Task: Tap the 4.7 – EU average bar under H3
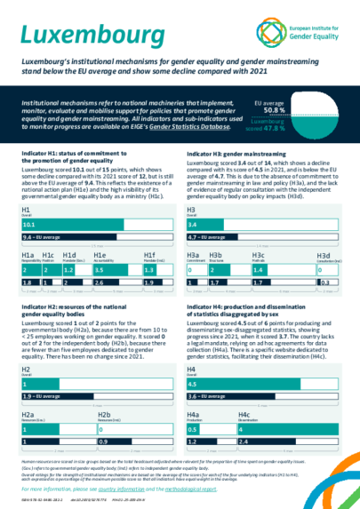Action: point(226,238)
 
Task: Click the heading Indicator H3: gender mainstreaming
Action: point(234,155)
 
